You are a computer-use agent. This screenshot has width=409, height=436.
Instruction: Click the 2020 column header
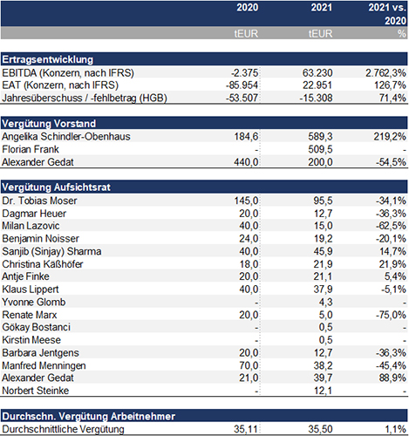coord(247,7)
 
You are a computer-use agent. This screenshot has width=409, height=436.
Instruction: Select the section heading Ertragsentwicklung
coord(48,59)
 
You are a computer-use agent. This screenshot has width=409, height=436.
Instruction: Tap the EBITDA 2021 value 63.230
coord(317,72)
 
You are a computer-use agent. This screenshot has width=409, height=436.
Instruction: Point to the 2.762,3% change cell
coord(385,72)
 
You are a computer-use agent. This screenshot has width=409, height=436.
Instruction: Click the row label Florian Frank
coord(31,149)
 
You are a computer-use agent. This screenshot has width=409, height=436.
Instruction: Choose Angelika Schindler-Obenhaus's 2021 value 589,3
coord(320,136)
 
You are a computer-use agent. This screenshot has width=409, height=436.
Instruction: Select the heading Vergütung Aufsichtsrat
coord(56,187)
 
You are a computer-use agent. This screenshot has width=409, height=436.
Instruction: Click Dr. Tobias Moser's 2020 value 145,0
coord(246,201)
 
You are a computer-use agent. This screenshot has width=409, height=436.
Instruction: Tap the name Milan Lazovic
coord(31,226)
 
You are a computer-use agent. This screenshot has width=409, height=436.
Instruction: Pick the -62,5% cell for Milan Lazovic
coord(391,226)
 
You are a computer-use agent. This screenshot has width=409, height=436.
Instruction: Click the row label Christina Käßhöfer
coord(43,264)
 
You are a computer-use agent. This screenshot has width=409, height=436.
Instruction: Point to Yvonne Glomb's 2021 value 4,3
coord(325,303)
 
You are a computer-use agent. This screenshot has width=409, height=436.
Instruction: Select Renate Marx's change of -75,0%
coord(391,315)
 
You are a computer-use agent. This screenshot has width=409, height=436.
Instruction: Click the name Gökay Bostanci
coord(37,327)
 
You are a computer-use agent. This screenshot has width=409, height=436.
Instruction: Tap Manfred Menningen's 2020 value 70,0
coord(249,365)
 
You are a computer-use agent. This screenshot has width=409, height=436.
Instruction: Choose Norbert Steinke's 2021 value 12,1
coord(323,391)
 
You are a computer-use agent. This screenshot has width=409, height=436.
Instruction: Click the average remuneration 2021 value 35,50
coord(320,429)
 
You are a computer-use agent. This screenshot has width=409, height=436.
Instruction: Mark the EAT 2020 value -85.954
coord(242,85)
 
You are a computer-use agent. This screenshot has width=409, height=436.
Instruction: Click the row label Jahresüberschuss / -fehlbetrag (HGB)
coord(85,98)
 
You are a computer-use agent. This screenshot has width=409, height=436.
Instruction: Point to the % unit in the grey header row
coord(402,34)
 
